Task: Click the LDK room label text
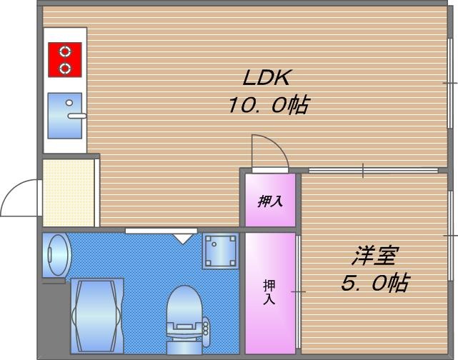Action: (268, 77)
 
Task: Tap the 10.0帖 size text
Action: (268, 106)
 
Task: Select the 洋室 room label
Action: (374, 255)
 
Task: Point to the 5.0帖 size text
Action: (374, 283)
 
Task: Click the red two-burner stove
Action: (65, 59)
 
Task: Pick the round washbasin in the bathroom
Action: (56, 254)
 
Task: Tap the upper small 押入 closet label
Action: (270, 201)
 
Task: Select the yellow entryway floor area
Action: (69, 193)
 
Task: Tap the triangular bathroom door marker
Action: (183, 238)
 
